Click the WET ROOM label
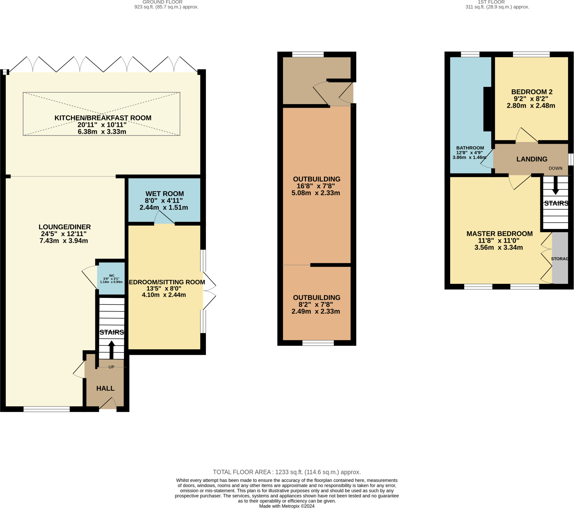point(165,194)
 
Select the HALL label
point(105,388)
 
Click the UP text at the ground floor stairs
point(111,367)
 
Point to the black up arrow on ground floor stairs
point(112,349)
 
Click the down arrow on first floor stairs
point(555,186)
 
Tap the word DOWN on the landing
point(556,168)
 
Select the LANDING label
point(532,159)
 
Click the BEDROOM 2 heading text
point(532,92)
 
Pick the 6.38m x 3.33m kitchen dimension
point(102,132)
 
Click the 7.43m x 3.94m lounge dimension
point(64,241)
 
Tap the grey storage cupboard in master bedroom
point(560,258)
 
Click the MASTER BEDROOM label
point(499,234)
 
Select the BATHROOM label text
point(470,148)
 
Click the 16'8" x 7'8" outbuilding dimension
point(316,186)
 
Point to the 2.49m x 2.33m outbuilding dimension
point(316,311)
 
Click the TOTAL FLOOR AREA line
point(286,472)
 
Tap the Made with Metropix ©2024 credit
point(286,506)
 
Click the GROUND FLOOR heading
point(162,2)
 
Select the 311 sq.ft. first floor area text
point(497,7)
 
